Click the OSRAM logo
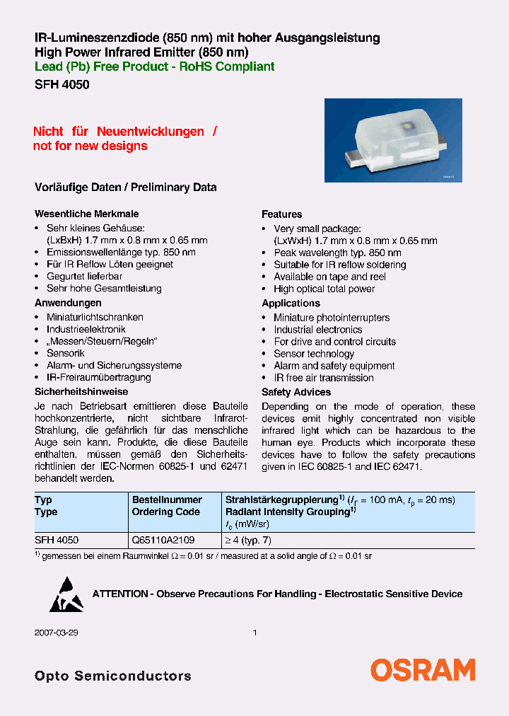(x=423, y=670)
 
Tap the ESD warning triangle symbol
(x=66, y=594)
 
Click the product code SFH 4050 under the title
(x=62, y=83)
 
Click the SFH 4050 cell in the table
(x=57, y=540)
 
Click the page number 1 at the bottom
(x=255, y=633)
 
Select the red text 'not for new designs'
(x=90, y=146)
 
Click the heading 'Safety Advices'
(x=296, y=392)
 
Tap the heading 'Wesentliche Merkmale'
(x=86, y=214)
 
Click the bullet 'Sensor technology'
(x=314, y=354)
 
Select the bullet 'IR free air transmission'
(x=324, y=378)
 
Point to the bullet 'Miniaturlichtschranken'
(x=95, y=317)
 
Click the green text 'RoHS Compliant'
(x=235, y=67)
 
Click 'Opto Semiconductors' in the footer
(x=113, y=676)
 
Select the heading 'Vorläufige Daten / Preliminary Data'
(x=126, y=187)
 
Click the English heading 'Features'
(x=281, y=214)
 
